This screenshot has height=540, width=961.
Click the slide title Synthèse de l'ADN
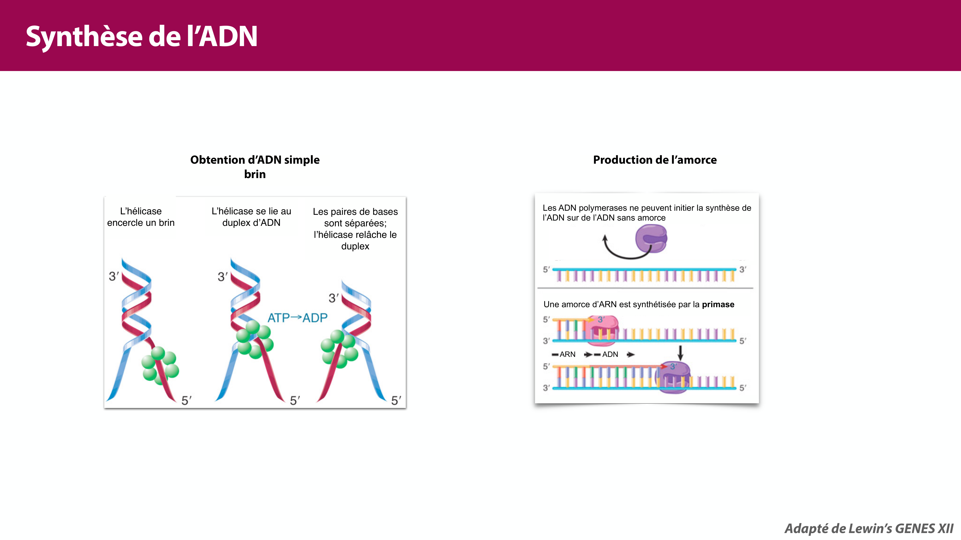[142, 36]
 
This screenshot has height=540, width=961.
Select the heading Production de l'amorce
[655, 160]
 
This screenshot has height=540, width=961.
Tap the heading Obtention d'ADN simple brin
[255, 167]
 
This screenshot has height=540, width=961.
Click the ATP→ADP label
[297, 318]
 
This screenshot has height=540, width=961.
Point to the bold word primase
[718, 305]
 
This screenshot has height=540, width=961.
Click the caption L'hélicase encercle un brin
[141, 217]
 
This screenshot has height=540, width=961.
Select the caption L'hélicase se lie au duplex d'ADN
[251, 217]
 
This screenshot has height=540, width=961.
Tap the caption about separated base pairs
[355, 229]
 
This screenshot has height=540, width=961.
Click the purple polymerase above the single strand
[651, 239]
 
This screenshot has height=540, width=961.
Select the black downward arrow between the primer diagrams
[680, 352]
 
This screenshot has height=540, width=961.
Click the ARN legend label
[567, 354]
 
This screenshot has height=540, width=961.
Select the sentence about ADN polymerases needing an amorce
[647, 213]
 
